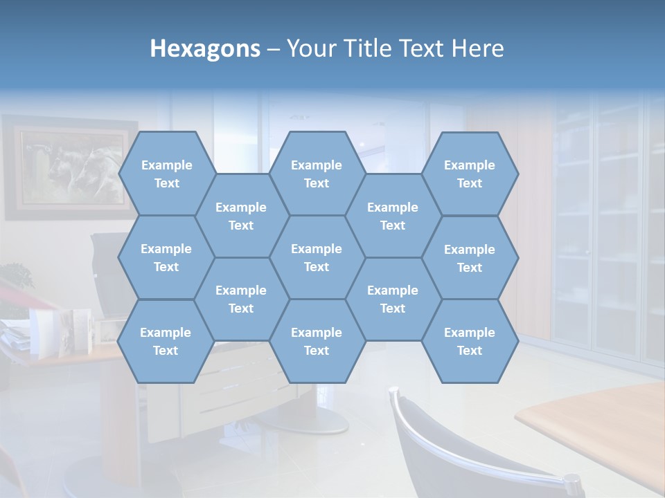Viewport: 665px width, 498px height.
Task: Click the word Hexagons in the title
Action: point(205,48)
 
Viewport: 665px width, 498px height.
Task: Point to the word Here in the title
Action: point(477,48)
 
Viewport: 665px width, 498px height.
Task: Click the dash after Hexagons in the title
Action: point(274,49)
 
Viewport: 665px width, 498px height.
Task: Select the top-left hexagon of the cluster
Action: point(166,174)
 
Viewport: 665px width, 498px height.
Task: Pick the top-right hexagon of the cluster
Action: point(470,174)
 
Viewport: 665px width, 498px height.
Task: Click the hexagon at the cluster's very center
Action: point(317,257)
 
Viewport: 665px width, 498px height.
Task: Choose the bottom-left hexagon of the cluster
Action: point(166,341)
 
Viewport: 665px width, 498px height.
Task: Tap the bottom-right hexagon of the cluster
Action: point(470,341)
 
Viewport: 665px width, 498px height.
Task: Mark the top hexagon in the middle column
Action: point(317,174)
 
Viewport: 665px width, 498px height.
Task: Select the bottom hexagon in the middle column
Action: point(317,341)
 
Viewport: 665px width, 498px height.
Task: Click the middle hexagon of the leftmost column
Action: point(166,257)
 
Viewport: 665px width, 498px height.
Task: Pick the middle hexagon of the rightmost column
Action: point(470,258)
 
